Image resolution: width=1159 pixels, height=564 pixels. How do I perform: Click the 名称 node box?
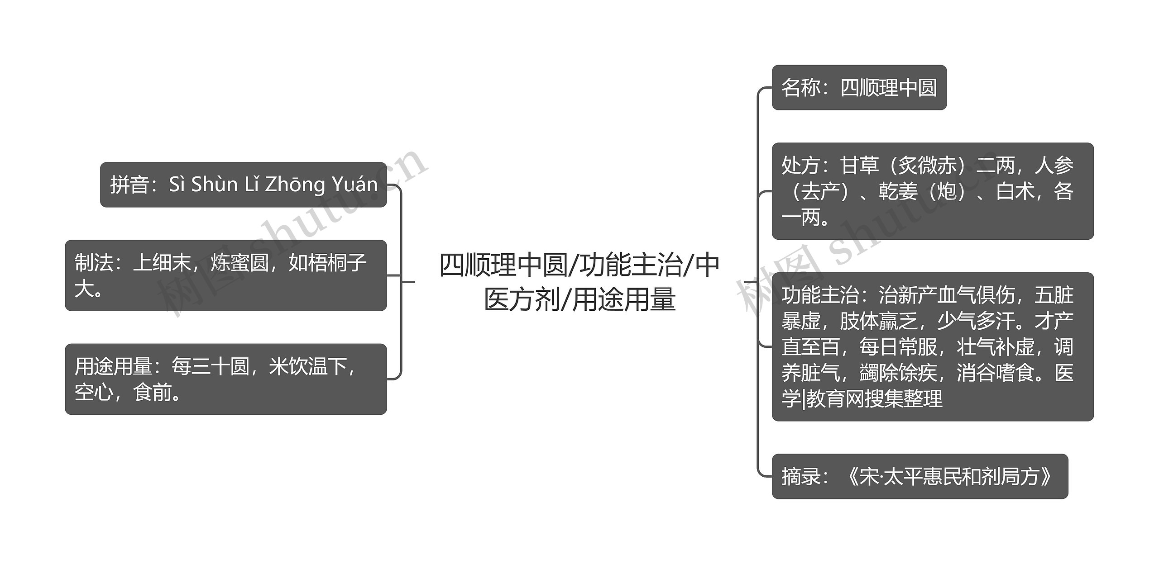859,87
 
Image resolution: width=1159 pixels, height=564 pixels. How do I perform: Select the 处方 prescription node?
932,191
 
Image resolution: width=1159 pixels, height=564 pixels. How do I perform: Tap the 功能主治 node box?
932,346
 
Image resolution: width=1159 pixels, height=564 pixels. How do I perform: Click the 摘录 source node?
920,476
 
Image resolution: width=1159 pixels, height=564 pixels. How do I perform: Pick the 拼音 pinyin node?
243,185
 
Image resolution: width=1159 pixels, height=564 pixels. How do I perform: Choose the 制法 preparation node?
225,275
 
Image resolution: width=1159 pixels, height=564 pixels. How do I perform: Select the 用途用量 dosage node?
225,379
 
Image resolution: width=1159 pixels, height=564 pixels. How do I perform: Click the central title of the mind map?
579,282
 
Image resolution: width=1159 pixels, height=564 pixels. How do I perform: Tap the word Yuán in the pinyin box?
354,185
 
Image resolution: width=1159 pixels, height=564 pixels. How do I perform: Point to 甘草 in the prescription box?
859,166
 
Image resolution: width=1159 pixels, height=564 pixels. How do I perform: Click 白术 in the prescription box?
1015,191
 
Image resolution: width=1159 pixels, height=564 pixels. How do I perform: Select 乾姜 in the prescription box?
898,191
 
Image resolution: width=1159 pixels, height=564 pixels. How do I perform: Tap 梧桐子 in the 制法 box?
327,263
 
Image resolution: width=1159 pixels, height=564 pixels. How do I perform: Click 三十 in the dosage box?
211,366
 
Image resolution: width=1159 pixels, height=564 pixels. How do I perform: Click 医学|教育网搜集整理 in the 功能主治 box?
862,398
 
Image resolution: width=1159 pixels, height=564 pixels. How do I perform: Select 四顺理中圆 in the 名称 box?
888,87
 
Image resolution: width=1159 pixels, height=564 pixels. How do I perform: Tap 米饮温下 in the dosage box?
308,366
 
